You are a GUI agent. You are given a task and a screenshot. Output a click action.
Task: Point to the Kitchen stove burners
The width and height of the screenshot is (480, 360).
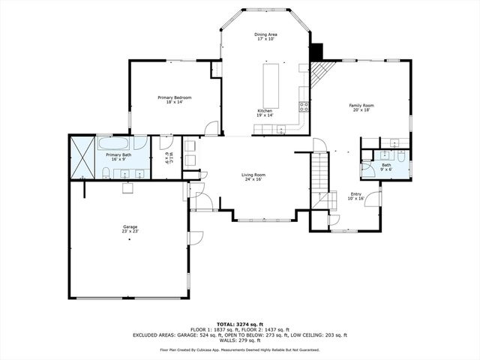tap(304, 106)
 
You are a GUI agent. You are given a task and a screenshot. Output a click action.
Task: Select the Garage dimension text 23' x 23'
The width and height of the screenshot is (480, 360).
tap(130, 231)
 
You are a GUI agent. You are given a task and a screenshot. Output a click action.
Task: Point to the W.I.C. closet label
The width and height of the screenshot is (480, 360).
tap(167, 157)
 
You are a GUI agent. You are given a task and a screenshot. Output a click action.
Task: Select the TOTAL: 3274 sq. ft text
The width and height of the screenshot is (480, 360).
tap(240, 323)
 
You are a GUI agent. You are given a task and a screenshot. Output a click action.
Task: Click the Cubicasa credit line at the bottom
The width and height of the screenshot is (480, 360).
tap(240, 349)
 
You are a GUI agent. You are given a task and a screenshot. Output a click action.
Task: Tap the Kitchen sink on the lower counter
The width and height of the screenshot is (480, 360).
tap(278, 130)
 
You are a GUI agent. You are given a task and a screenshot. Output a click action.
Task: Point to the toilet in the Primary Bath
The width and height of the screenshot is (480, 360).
tap(107, 173)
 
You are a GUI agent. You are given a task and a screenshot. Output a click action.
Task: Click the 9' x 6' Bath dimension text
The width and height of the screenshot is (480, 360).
tap(385, 169)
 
